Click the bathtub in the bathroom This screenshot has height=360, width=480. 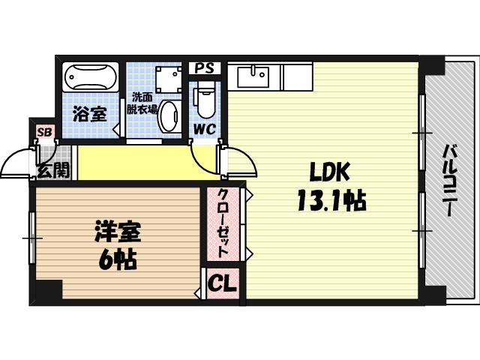(x=91, y=76)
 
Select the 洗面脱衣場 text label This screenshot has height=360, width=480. (x=144, y=103)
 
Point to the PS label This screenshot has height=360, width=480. (x=205, y=67)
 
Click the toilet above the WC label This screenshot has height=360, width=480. (x=205, y=98)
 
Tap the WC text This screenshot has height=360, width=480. (x=205, y=128)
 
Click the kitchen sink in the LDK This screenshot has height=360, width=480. (x=253, y=76)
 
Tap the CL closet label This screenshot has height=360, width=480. (x=222, y=284)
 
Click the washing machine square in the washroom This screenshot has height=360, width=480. (x=168, y=79)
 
